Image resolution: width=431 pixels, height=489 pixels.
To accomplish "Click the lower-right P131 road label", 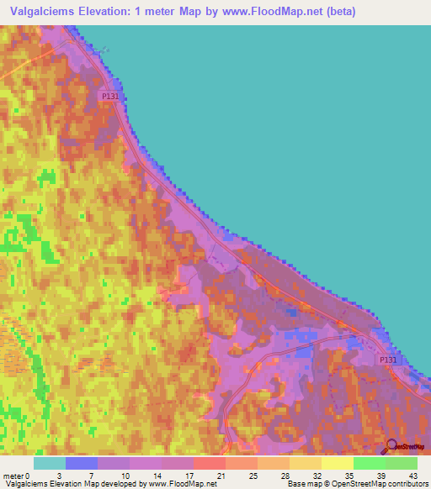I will pyautogui.click(x=386, y=360).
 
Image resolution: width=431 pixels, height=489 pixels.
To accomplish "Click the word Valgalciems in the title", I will pyautogui.click(x=50, y=12).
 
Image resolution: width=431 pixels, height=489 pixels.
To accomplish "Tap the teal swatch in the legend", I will pyautogui.click(x=50, y=463).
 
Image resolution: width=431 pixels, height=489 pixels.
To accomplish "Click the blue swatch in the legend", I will pyautogui.click(x=82, y=463).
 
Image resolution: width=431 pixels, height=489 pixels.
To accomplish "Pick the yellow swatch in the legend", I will pyautogui.click(x=338, y=463).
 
